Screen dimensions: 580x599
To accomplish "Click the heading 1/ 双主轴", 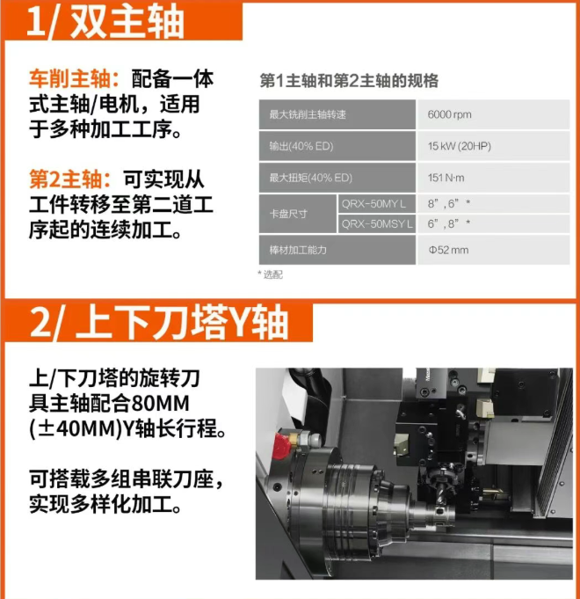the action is [105, 22].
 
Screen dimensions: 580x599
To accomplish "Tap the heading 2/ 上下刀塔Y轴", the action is [159, 323].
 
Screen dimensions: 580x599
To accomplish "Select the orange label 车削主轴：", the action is [75, 79].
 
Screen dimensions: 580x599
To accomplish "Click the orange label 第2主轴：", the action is [70, 179].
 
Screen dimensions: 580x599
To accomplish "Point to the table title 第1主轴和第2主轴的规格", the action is [349, 81].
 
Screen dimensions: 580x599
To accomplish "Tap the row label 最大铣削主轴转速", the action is [308, 114].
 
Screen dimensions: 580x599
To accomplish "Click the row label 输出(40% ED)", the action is [301, 146].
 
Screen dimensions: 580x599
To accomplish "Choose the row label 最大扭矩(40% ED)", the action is [310, 178].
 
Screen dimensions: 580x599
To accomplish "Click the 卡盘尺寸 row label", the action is [288, 214].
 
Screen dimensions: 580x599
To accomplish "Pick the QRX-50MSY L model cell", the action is [377, 224].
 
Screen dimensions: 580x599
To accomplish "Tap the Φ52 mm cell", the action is [449, 250].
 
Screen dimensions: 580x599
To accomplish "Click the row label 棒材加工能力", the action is [298, 250].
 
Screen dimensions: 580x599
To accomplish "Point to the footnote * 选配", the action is [270, 274].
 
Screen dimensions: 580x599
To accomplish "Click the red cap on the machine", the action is [281, 446].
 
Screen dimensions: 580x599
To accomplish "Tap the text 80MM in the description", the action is [160, 404].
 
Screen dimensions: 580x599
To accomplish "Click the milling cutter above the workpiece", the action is [441, 493].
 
